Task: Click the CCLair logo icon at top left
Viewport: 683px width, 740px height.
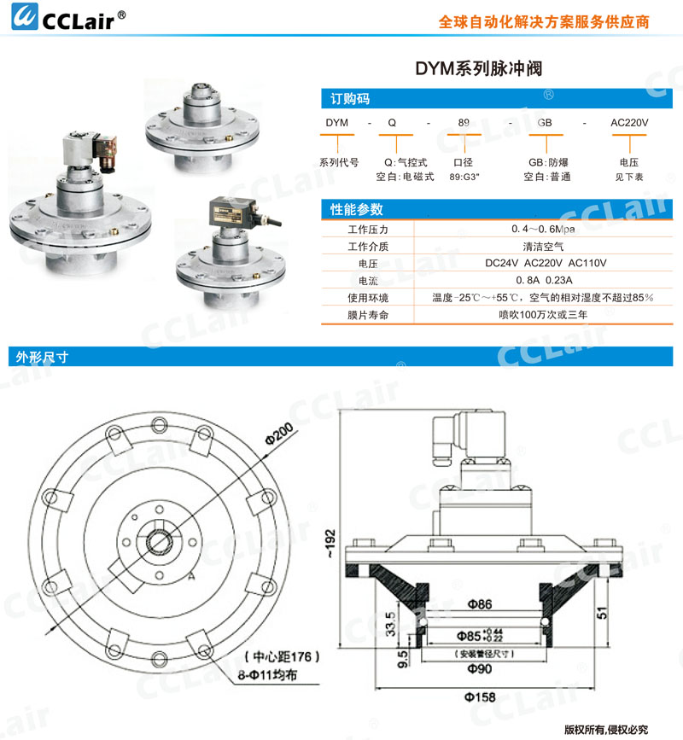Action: pos(25,16)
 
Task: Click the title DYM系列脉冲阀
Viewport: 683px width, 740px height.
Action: pos(479,69)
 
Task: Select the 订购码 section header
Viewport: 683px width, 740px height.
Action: pos(350,99)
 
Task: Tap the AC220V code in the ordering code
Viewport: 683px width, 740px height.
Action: pos(629,123)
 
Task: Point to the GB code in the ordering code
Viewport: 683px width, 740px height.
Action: pos(544,123)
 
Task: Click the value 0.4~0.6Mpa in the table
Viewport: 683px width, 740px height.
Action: pos(543,229)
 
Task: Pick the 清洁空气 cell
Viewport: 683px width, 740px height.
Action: pos(543,247)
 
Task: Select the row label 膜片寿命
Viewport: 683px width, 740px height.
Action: pos(368,315)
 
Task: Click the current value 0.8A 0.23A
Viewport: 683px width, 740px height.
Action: pos(544,280)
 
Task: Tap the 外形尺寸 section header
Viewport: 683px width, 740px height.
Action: pos(42,357)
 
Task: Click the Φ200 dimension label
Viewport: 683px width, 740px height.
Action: pos(279,434)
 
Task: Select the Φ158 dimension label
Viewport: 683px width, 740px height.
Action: pos(480,697)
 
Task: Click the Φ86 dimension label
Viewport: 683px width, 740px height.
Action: pos(480,604)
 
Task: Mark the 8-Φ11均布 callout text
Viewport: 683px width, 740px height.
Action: pos(267,675)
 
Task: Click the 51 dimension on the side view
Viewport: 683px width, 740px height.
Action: pos(602,613)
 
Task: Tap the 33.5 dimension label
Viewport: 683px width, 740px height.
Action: pos(390,624)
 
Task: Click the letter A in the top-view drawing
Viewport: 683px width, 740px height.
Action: pos(190,576)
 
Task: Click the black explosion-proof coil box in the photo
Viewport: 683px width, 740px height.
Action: pos(232,212)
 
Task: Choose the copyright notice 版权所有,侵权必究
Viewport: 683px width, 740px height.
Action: pos(606,730)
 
